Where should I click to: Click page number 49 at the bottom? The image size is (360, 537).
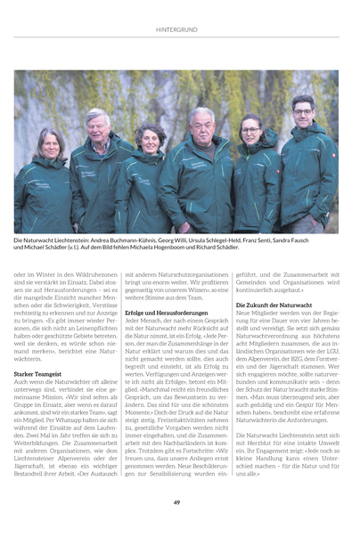click(x=178, y=502)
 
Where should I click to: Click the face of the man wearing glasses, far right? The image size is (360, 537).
click(x=303, y=113)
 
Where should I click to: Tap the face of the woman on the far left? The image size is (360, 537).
click(x=50, y=144)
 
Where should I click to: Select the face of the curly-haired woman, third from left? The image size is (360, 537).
click(x=149, y=141)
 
